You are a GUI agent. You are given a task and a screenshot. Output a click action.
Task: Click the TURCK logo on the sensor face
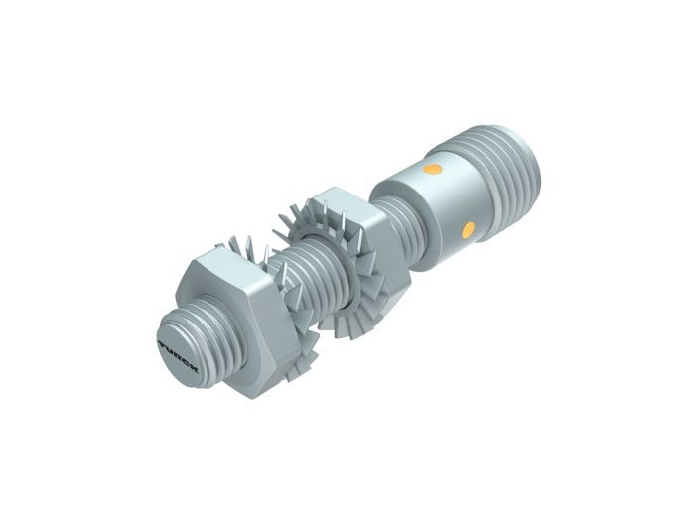[178, 356]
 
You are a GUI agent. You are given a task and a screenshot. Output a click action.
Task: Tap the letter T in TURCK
[162, 344]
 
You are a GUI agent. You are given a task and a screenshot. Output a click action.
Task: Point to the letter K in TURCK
[194, 368]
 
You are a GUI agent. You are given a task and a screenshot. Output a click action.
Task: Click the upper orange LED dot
[432, 169]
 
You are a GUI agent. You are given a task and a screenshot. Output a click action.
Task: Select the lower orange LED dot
[468, 230]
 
